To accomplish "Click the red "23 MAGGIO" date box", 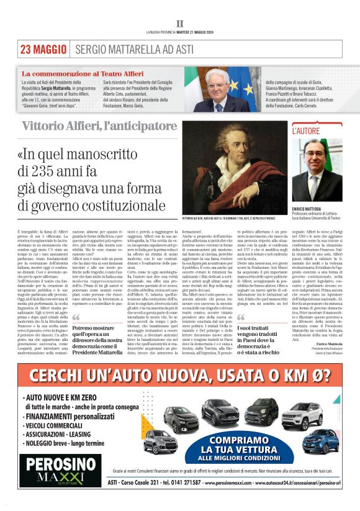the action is [x=43, y=49].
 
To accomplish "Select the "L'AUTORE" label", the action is [x=307, y=131].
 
